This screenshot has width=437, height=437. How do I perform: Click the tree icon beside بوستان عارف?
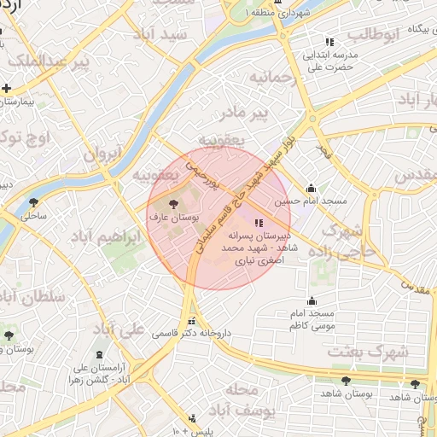coord(174,205)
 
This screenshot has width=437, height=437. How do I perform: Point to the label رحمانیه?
coord(272,78)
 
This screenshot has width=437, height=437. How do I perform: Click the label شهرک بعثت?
coord(380,352)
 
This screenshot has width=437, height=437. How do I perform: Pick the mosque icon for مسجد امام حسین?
coord(311,189)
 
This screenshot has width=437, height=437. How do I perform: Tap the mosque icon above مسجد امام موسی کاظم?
coord(312,300)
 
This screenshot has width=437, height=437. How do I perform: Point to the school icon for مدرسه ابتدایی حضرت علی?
coord(329,42)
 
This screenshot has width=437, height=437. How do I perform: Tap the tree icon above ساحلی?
coord(32,203)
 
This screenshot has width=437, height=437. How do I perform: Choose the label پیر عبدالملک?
coord(34,62)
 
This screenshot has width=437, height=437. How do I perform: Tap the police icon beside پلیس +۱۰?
coord(191,418)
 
